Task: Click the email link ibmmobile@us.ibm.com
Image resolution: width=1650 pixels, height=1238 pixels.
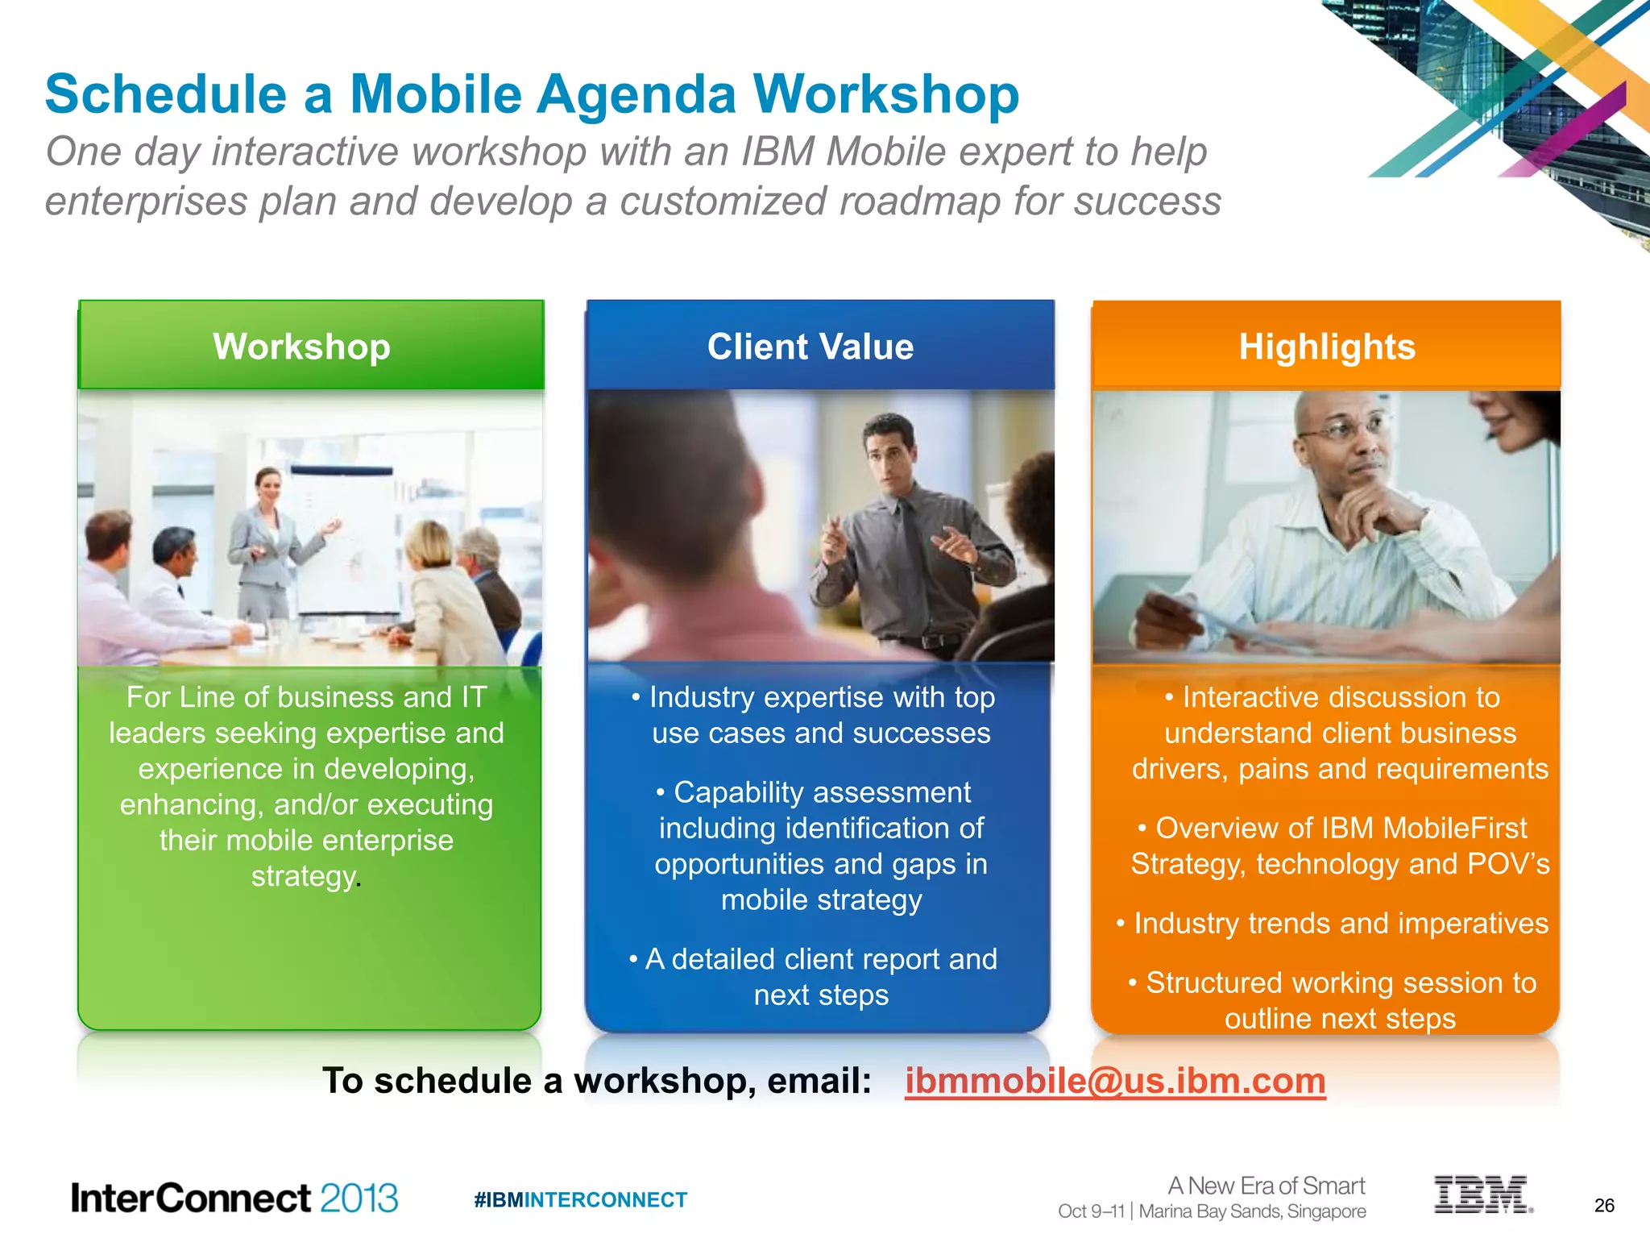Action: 1114,1081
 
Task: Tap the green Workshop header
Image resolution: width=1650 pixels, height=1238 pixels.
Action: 302,347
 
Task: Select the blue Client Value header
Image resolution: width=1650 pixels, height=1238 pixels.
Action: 810,347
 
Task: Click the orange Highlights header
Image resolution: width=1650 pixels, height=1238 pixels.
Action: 1327,347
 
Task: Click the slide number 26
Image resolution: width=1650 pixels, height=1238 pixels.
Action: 1604,1206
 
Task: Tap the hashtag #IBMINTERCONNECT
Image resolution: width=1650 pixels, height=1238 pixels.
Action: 580,1200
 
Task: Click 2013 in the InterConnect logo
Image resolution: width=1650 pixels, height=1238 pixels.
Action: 359,1199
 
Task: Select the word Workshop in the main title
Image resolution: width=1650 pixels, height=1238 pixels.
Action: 886,95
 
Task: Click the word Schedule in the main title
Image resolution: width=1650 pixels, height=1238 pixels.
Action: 165,95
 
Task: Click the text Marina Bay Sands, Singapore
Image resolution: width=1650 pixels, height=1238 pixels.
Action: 1252,1211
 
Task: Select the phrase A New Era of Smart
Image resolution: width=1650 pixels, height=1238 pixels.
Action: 1266,1186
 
